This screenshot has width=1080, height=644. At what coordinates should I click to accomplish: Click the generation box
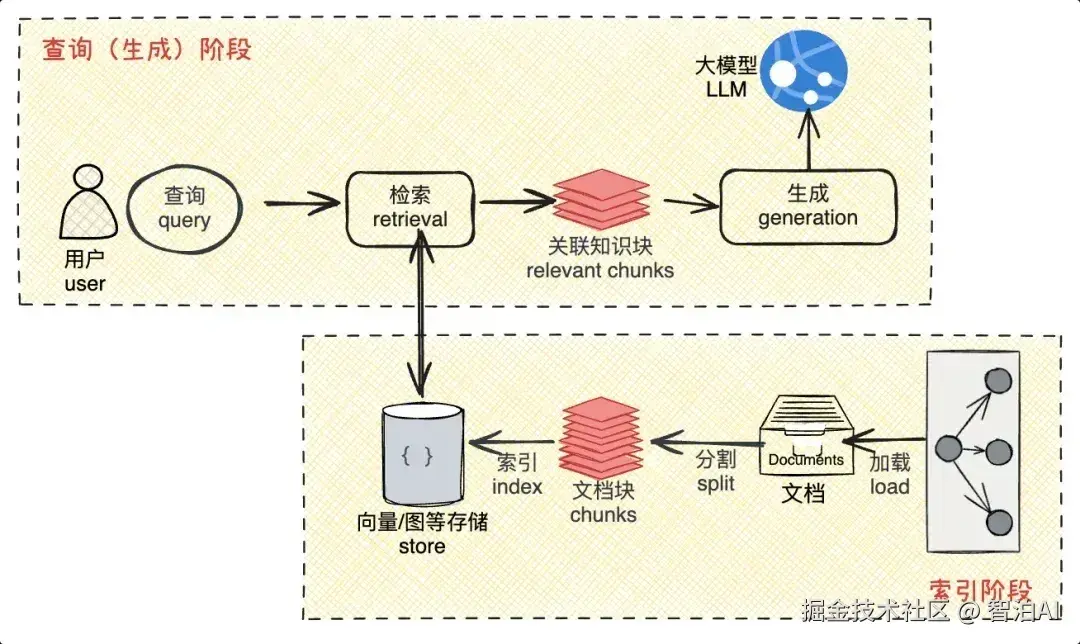click(x=807, y=207)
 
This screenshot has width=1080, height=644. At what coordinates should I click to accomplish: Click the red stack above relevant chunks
click(x=602, y=200)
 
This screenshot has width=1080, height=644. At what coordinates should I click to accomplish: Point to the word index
click(x=517, y=487)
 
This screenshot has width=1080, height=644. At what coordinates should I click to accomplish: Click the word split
click(x=715, y=483)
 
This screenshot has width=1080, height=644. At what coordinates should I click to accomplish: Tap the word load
click(x=889, y=487)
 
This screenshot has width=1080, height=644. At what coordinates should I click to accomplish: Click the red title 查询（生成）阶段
click(x=146, y=49)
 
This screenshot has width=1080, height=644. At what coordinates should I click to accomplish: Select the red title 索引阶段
click(x=978, y=590)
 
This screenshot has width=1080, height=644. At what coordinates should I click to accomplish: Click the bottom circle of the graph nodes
click(x=997, y=522)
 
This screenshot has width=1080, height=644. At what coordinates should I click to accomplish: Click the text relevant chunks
click(x=600, y=270)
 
